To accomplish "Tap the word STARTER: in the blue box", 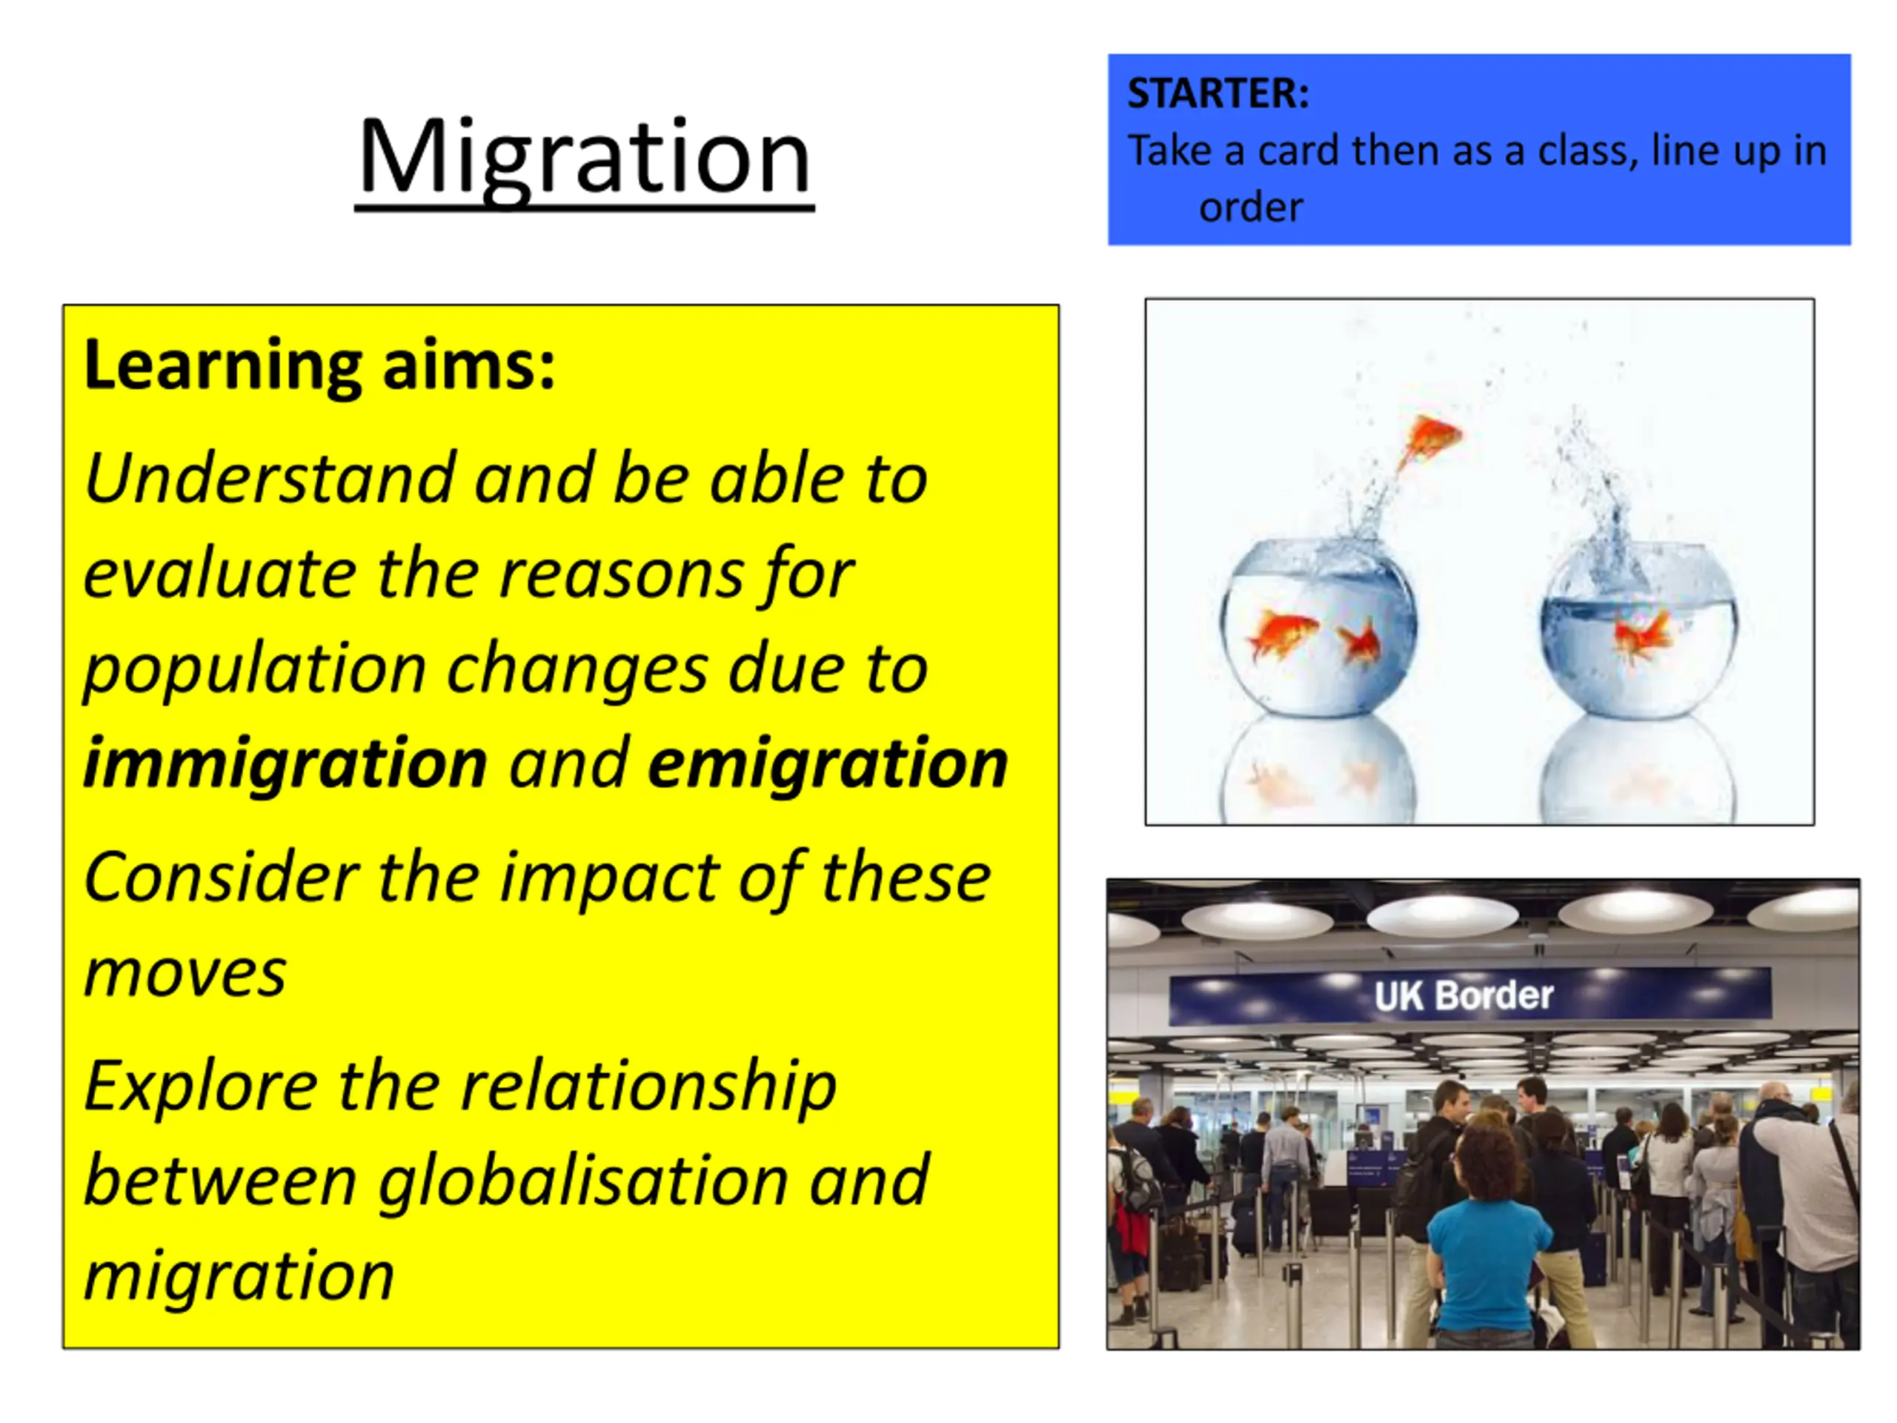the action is pyautogui.click(x=1217, y=93).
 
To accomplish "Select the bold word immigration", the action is pyautogui.click(x=285, y=763).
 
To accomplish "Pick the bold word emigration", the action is pyautogui.click(x=828, y=763).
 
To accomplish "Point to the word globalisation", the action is pyautogui.click(x=583, y=1180).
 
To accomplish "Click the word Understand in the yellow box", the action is pyautogui.click(x=269, y=478).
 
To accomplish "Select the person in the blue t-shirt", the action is pyautogui.click(x=1489, y=1235).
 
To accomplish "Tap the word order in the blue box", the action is pyautogui.click(x=1250, y=208).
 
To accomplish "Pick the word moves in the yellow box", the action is pyautogui.click(x=185, y=975).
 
